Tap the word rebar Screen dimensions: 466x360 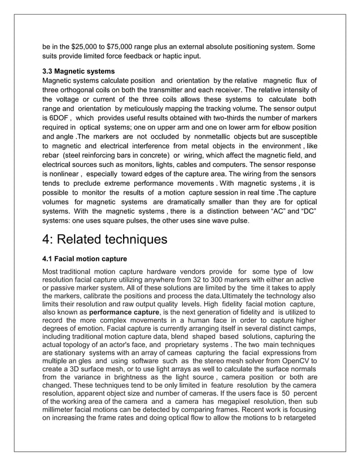52,155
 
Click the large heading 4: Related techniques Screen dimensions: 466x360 105,239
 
